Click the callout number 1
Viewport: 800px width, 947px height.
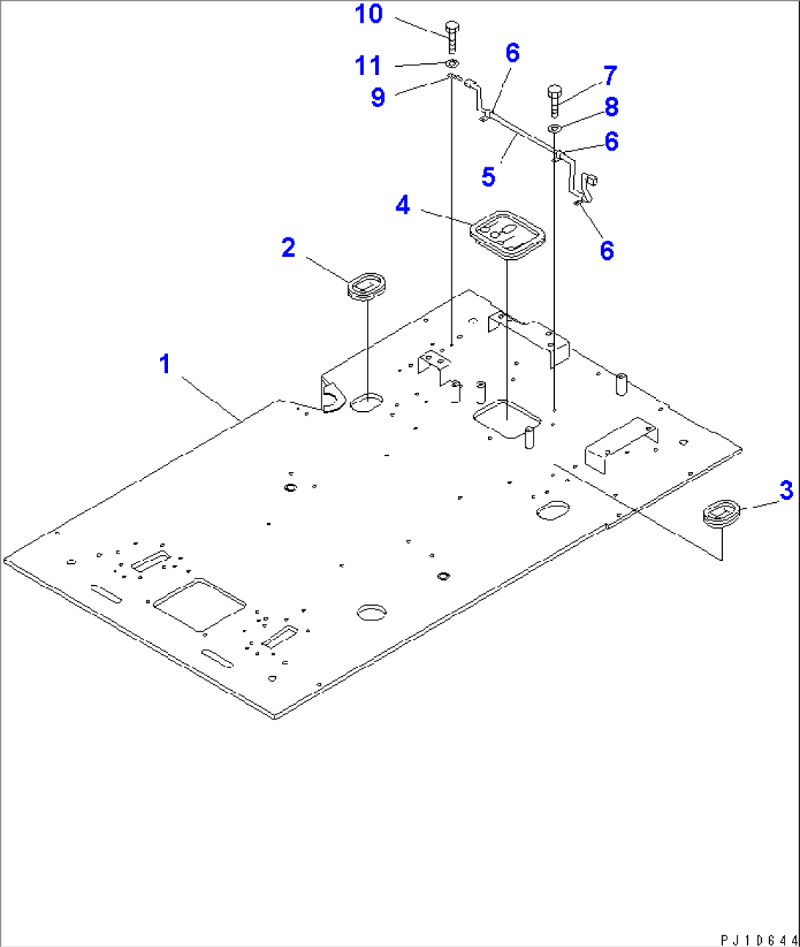point(165,364)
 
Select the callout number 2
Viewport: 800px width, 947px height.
point(288,247)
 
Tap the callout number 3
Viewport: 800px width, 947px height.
point(786,490)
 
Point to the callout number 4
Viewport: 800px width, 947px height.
point(403,205)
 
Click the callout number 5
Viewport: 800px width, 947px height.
point(488,176)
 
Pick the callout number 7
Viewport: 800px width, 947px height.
point(610,76)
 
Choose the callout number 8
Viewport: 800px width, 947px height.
point(611,107)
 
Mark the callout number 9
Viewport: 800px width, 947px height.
point(378,97)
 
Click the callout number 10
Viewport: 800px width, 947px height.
point(368,14)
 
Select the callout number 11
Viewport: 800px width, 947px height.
point(368,65)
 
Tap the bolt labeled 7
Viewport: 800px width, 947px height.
point(555,101)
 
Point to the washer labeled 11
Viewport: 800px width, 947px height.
point(453,62)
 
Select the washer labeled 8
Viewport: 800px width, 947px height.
point(555,128)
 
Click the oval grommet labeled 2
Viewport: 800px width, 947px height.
point(368,286)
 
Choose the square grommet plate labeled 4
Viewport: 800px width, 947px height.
point(507,236)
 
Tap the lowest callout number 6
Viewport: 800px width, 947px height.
point(607,251)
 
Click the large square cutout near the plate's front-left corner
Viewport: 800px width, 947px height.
point(200,605)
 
